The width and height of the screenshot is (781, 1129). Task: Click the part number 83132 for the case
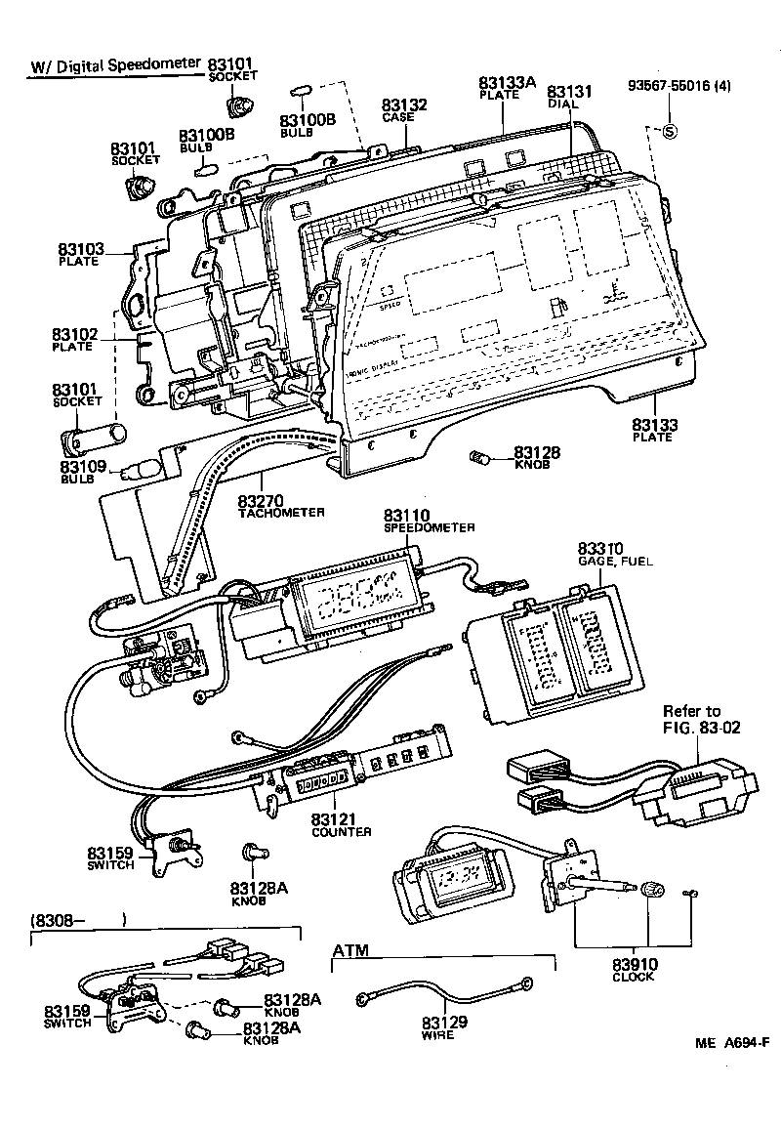pos(404,105)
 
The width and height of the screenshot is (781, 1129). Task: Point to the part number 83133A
pos(508,83)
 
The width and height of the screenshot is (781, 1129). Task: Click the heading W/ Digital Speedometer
pos(114,67)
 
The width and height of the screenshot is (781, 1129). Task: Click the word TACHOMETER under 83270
pos(280,512)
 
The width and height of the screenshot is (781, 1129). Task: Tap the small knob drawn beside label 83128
pos(480,455)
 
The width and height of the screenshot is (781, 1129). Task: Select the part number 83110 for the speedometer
pos(407,515)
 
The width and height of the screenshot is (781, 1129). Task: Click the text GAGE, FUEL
pos(614,562)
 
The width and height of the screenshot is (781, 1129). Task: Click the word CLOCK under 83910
pos(634,977)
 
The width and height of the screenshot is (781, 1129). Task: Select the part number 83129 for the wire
pos(445,1023)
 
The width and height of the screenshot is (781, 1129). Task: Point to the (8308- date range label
pos(79,919)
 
